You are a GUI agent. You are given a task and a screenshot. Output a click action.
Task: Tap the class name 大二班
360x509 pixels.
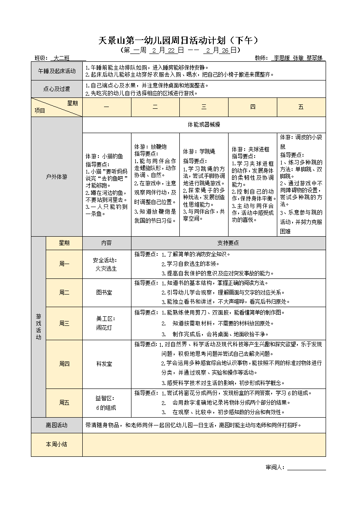[x=61, y=58]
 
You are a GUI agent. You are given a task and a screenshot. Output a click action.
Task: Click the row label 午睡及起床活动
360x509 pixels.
[x=57, y=71]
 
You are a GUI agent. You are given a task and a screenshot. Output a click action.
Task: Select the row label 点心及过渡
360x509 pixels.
[x=57, y=89]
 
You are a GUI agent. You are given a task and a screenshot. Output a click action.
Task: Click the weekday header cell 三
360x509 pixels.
[x=204, y=107]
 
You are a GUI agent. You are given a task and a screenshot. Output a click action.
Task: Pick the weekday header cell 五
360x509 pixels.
[x=301, y=107]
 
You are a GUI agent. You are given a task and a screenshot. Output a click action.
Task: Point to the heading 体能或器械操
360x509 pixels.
[x=204, y=124]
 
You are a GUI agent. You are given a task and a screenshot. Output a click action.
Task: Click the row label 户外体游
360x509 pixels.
[x=57, y=177]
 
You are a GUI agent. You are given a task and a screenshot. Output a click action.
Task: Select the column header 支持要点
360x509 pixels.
[x=228, y=243]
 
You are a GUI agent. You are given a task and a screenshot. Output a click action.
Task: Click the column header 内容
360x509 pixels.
[x=106, y=243]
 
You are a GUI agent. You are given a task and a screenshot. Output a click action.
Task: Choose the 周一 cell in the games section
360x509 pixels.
[x=64, y=264]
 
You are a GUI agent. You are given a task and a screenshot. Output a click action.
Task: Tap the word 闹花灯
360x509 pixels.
[x=104, y=327]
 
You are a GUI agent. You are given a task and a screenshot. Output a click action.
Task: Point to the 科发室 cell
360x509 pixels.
[x=104, y=363]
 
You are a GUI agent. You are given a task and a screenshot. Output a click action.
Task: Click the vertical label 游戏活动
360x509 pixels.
[x=38, y=327]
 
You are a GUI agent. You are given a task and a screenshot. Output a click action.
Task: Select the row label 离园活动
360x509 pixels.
[x=57, y=425]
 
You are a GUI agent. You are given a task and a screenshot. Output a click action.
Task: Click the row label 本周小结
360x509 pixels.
[x=57, y=444]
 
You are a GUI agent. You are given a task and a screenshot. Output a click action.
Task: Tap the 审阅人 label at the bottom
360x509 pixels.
[x=275, y=468]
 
